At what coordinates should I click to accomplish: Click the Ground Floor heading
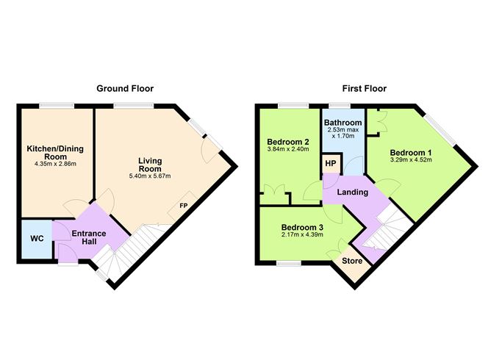coord(125,88)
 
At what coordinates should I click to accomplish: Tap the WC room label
coord(37,240)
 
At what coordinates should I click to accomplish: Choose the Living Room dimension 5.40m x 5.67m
coord(150,176)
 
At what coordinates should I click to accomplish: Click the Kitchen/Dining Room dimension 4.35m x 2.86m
coord(56,163)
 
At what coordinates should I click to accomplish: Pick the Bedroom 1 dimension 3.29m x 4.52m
coord(407,160)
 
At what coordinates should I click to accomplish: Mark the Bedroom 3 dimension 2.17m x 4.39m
coord(303,235)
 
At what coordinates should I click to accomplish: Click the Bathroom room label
coord(344,123)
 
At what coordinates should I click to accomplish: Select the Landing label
coord(353,192)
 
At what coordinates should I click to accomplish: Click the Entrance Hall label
coord(88,238)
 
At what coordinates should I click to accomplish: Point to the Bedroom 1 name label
coord(407,151)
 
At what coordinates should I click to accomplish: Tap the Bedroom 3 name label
coord(302,226)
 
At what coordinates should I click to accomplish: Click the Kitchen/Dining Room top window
coord(56,107)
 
